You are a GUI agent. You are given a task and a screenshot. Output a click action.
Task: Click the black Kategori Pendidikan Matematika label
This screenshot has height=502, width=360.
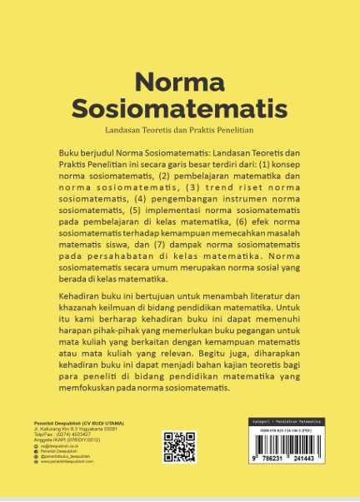(287, 422)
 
